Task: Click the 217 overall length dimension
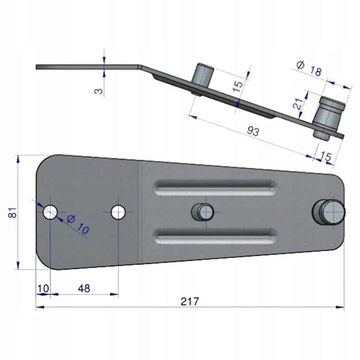click(190, 301)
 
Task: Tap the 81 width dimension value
click(12, 212)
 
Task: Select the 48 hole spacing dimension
click(84, 288)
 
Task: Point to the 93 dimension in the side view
click(253, 131)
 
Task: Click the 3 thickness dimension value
click(99, 91)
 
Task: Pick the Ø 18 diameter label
click(309, 69)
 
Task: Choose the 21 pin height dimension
click(298, 104)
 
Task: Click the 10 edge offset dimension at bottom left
click(43, 288)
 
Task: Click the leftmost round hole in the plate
click(50, 212)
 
